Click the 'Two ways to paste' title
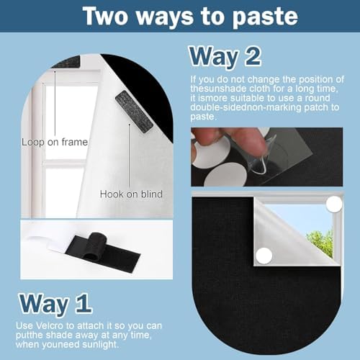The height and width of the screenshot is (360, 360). [190, 17]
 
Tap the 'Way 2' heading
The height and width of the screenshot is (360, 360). [225, 57]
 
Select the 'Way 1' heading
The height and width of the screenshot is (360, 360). [55, 304]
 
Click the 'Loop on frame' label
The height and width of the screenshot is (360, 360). [55, 142]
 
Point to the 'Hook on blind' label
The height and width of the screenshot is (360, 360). [131, 194]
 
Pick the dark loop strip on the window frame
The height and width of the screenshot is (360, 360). [67, 62]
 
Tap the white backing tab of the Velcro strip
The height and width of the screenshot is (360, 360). [49, 243]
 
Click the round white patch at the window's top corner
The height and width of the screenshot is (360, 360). [334, 204]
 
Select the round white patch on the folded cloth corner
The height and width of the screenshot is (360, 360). [264, 256]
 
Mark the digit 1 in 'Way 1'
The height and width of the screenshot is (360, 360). [84, 303]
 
